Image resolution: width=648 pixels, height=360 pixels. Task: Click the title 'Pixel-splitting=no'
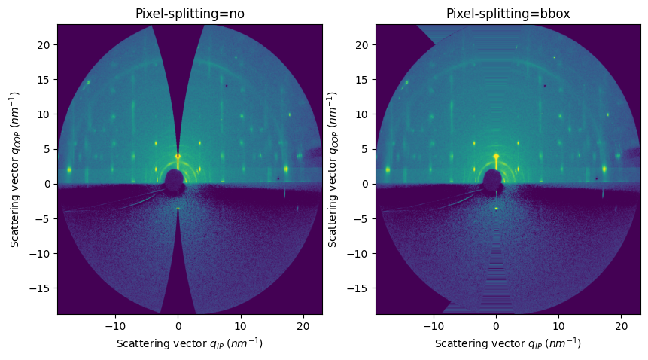coord(190,14)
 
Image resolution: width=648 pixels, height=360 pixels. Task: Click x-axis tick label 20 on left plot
coord(303,325)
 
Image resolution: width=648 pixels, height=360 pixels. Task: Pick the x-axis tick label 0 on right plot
coord(496,325)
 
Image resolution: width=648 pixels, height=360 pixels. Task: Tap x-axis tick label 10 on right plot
coord(558,325)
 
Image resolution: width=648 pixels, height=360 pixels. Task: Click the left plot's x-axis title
coord(190,343)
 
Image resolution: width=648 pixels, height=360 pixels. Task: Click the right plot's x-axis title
coord(508,343)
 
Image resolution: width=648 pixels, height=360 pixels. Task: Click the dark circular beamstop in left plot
coord(175,181)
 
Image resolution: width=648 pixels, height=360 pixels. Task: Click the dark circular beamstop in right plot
coord(493,181)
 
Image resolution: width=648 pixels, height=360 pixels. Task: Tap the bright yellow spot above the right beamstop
coord(496,157)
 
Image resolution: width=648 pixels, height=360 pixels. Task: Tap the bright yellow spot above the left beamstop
coord(178,157)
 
